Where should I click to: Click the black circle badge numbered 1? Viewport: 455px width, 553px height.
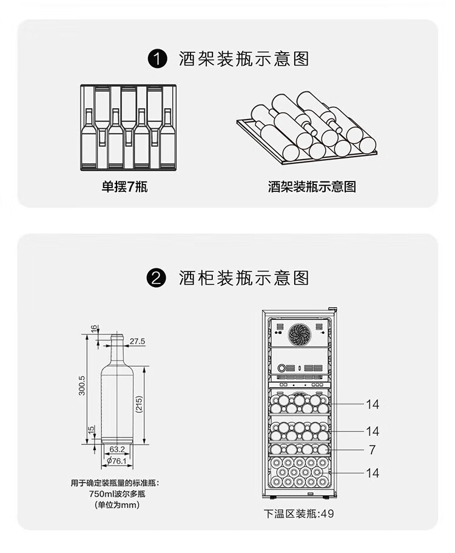coord(157,59)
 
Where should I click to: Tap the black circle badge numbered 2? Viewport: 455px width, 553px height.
coord(156,278)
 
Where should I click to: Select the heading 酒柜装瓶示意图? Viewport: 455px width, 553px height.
coord(244,278)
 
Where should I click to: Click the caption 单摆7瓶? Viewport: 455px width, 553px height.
coord(124,186)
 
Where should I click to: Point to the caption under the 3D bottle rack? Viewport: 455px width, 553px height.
coord(312,186)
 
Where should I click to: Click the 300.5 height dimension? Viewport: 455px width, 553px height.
coord(82,385)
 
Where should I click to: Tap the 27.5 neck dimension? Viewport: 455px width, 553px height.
coord(137,341)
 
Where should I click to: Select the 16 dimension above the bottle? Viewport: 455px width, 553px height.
coord(93,328)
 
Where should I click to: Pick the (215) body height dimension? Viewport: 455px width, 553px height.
coord(138,404)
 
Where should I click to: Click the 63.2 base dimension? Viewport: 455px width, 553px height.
coord(117,449)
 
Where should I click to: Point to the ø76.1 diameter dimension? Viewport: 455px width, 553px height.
coord(116,461)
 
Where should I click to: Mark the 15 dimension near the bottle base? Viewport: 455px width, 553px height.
coord(91,430)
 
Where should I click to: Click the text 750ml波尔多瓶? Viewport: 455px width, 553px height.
coord(117,494)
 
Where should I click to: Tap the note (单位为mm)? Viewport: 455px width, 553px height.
coord(117,505)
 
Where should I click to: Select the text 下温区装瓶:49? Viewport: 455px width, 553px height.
coord(298,514)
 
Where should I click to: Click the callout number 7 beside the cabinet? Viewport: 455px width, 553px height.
coord(372,450)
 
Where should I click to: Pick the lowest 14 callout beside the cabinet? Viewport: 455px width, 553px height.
coord(372,473)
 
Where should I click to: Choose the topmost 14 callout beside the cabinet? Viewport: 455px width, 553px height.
coord(372,404)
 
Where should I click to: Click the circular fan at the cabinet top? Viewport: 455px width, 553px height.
coord(300,334)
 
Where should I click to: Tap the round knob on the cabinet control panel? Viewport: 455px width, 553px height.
coord(281,368)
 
